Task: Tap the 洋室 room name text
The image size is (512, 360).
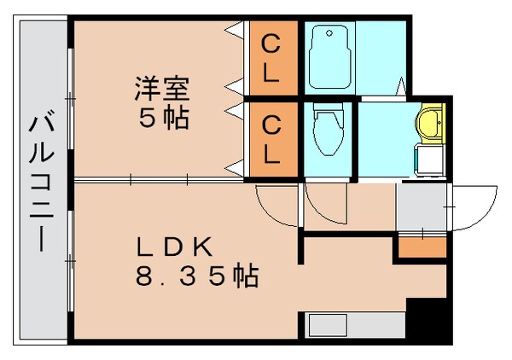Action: tap(160, 88)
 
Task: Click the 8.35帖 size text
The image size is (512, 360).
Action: tap(196, 276)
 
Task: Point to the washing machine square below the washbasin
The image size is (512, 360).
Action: tap(429, 160)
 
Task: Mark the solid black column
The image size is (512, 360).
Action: tap(428, 320)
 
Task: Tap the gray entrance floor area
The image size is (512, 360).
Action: tap(421, 206)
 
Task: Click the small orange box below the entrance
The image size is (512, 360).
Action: tap(420, 247)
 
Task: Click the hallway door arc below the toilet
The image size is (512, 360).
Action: tap(323, 201)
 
